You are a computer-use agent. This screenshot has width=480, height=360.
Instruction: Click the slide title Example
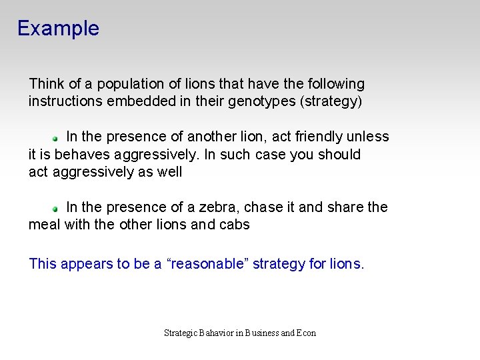click(x=58, y=29)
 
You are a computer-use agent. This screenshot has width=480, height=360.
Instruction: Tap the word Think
click(x=47, y=84)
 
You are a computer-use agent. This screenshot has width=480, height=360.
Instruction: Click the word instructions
click(x=66, y=102)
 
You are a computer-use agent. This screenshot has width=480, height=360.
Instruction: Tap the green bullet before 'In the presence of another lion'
click(x=57, y=137)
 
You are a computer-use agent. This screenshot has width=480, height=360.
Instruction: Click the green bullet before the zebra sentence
click(x=57, y=209)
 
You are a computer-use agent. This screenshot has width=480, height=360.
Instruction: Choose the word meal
click(x=45, y=225)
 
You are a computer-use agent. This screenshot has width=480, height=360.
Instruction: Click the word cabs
click(x=235, y=225)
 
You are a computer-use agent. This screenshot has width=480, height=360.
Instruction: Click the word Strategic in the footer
click(x=181, y=333)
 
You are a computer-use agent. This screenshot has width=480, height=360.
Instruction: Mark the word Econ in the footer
click(x=307, y=333)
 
